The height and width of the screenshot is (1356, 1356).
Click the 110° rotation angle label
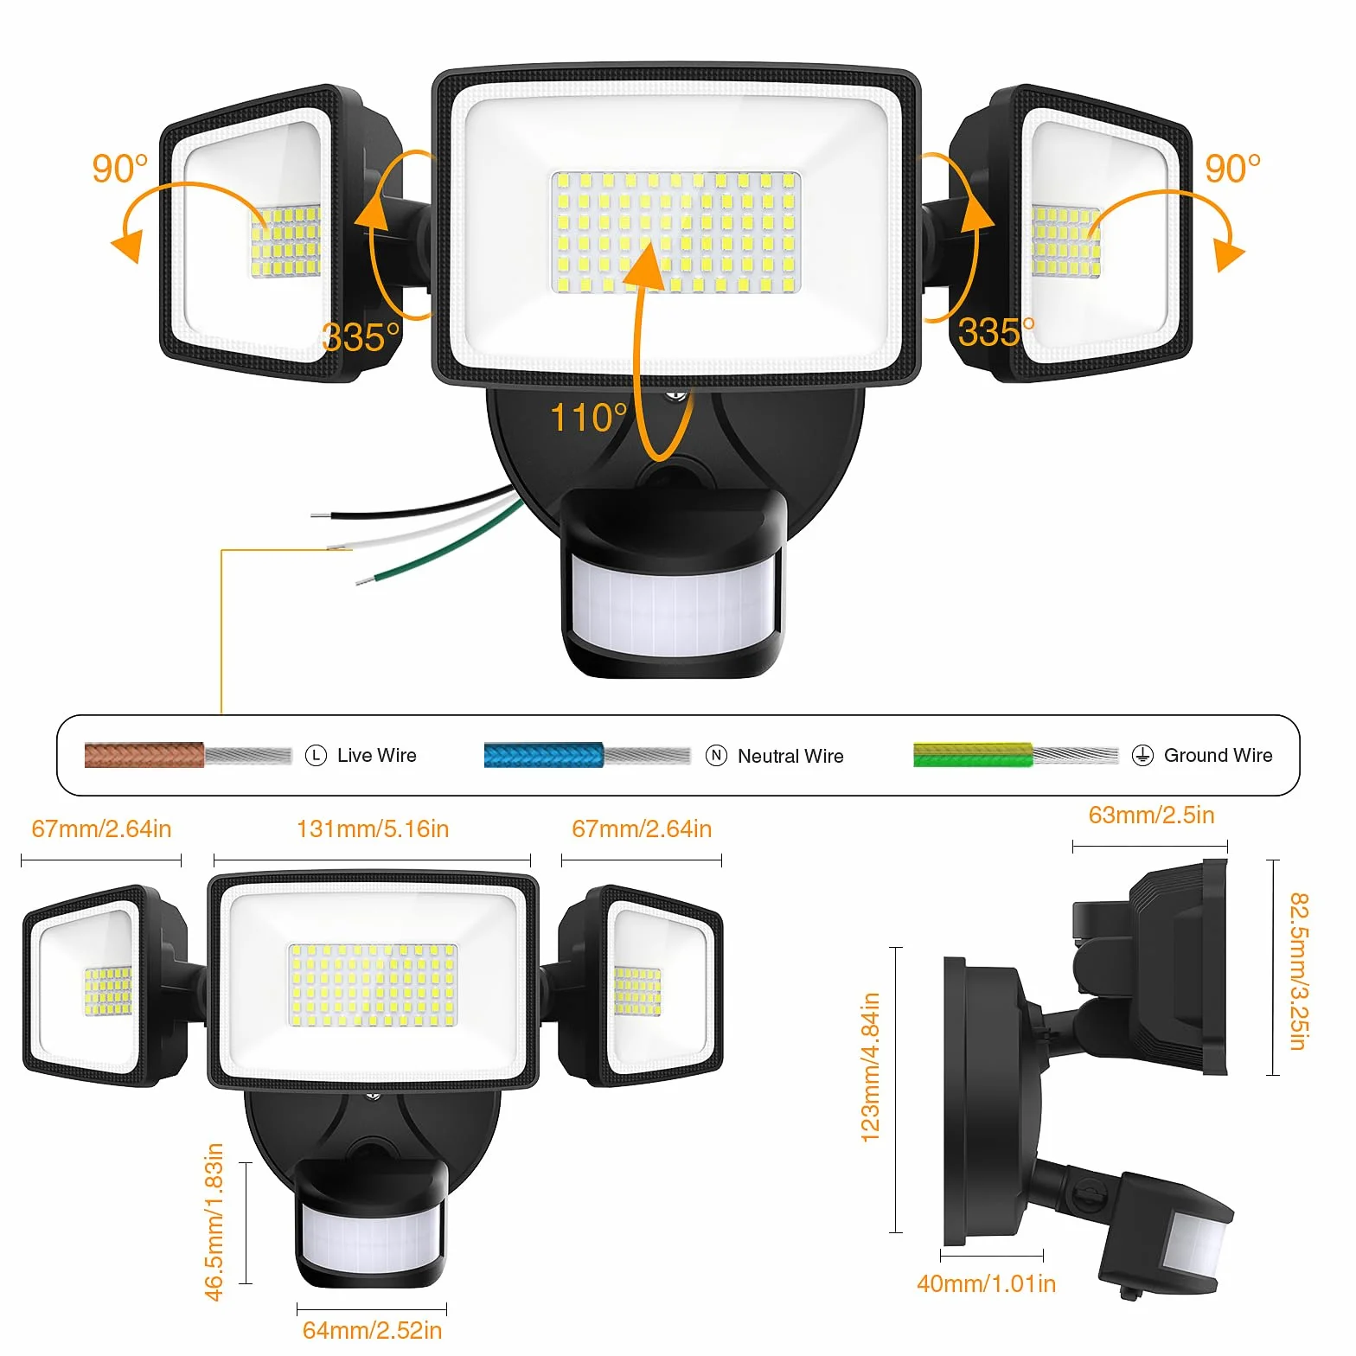(588, 418)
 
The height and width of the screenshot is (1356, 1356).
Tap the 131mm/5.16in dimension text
(373, 829)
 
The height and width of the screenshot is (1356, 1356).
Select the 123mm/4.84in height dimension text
(871, 1067)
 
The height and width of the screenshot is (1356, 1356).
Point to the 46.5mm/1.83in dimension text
(214, 1221)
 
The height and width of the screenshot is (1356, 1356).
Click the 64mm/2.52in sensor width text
(372, 1330)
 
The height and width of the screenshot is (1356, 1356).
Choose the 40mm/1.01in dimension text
(986, 1283)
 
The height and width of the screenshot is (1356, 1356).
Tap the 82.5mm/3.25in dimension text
(1299, 971)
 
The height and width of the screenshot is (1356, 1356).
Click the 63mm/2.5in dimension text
(1151, 816)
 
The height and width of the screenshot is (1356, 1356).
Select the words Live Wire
(377, 755)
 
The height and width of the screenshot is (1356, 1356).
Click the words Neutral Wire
(790, 756)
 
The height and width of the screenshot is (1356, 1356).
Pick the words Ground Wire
(1218, 755)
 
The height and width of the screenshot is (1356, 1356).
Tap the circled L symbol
(317, 756)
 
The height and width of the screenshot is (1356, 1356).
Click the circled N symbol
(716, 756)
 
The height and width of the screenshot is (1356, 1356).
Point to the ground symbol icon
(1142, 756)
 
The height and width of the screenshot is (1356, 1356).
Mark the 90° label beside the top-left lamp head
(120, 169)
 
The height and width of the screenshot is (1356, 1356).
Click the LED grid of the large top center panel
(675, 232)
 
